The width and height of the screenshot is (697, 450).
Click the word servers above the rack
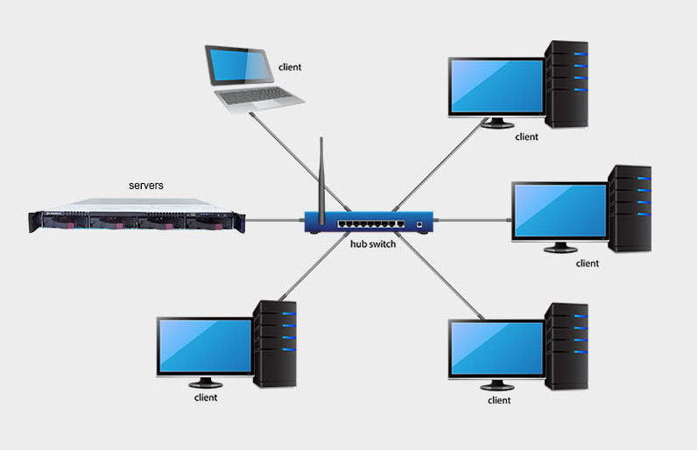pos(146,186)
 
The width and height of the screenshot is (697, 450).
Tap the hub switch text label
pos(373,244)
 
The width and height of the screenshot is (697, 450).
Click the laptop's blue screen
pos(237,66)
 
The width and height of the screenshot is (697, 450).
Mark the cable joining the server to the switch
pos(272,221)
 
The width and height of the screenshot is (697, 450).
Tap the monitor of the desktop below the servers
pos(204,347)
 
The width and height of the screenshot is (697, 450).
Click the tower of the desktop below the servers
pos(276,343)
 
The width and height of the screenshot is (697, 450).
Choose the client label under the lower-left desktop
pos(206,397)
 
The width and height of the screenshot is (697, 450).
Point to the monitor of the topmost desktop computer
pos(495,87)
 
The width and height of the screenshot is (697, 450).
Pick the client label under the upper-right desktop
pos(526,137)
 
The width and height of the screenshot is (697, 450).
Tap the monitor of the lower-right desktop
pos(496,348)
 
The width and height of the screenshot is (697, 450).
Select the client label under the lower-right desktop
pos(499,400)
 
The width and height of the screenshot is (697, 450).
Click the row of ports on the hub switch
pos(373,224)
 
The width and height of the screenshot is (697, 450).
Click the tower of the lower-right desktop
pos(567,346)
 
